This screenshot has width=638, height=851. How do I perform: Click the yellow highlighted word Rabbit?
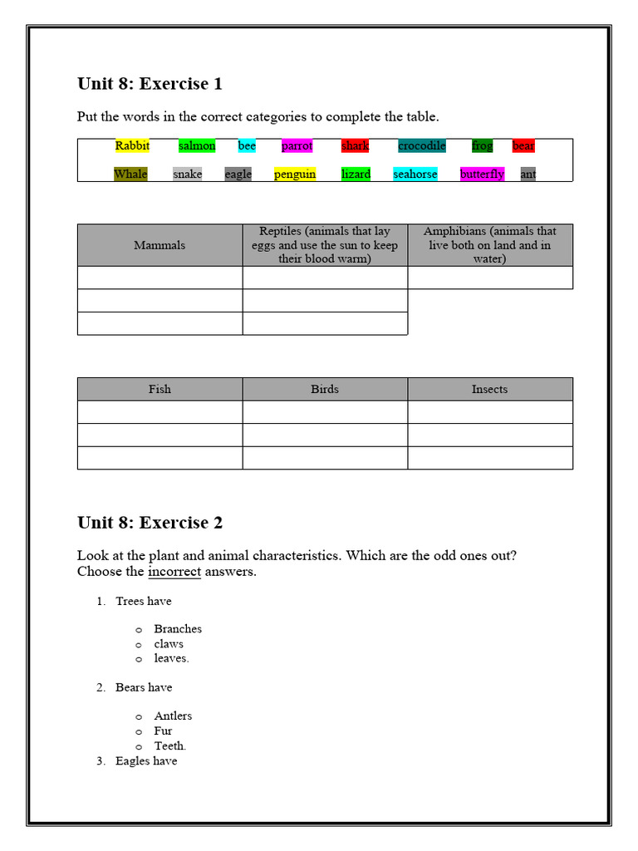point(132,146)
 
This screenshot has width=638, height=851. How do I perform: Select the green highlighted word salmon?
point(197,146)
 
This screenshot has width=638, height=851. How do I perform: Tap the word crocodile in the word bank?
point(422,146)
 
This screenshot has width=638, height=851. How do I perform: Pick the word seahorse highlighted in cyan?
point(415,175)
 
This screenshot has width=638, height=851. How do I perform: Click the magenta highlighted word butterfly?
point(482,175)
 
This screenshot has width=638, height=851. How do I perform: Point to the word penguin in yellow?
point(295,175)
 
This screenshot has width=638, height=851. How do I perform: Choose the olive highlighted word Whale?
point(130,175)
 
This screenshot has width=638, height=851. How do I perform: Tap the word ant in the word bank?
point(528,175)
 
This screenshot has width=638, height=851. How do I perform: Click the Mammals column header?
point(159,245)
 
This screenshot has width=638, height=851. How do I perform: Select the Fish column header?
point(159,389)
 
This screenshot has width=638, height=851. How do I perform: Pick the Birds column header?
point(325,389)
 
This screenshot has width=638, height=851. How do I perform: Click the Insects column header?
point(489,389)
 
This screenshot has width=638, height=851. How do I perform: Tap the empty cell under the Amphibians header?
point(489,278)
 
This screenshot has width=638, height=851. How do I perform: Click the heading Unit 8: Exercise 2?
point(150,523)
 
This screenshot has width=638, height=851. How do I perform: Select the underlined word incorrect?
point(174,572)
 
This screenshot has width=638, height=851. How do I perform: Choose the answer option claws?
point(169,644)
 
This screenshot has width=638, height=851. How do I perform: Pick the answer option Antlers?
point(173,716)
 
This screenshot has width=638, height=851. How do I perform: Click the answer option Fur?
point(164,730)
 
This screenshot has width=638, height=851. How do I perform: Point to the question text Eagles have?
point(146,761)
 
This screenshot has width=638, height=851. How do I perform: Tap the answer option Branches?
point(178,629)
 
